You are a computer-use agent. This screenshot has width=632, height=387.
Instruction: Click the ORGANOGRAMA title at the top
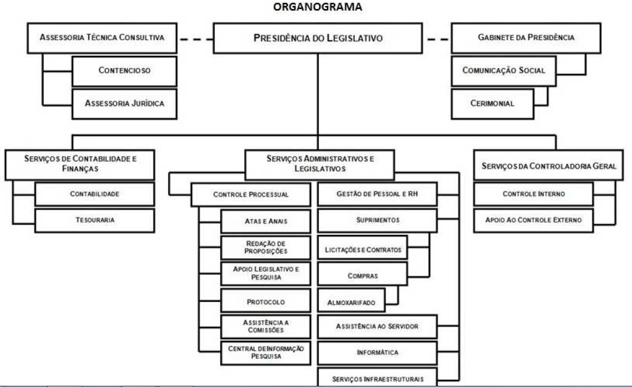click(317, 7)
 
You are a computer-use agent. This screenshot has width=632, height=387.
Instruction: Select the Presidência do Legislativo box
click(318, 38)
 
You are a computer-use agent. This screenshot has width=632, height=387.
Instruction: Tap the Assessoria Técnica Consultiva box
click(102, 37)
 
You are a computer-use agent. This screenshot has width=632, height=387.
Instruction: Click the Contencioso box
click(124, 71)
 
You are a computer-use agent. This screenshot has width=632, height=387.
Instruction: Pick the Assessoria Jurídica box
click(124, 102)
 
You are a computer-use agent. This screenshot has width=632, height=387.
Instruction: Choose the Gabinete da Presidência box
click(526, 37)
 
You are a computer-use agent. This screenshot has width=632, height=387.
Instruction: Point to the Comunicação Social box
click(503, 70)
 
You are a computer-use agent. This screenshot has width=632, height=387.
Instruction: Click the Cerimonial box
click(492, 102)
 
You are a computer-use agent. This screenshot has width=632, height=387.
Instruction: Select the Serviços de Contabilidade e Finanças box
click(80, 164)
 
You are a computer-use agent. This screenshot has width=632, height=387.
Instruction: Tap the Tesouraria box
click(95, 220)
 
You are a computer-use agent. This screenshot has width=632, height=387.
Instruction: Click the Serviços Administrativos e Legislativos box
click(320, 164)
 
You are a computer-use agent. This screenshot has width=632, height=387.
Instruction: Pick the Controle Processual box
click(251, 195)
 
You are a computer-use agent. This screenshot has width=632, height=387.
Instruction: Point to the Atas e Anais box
click(266, 221)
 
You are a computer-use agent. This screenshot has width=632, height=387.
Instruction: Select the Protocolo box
click(266, 302)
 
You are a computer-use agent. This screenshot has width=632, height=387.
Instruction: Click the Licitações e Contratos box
click(363, 249)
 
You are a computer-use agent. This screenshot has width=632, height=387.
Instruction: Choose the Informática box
click(377, 352)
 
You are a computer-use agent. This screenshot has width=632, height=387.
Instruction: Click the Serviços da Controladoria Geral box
click(549, 166)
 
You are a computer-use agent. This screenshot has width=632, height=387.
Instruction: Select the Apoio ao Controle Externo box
click(533, 220)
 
